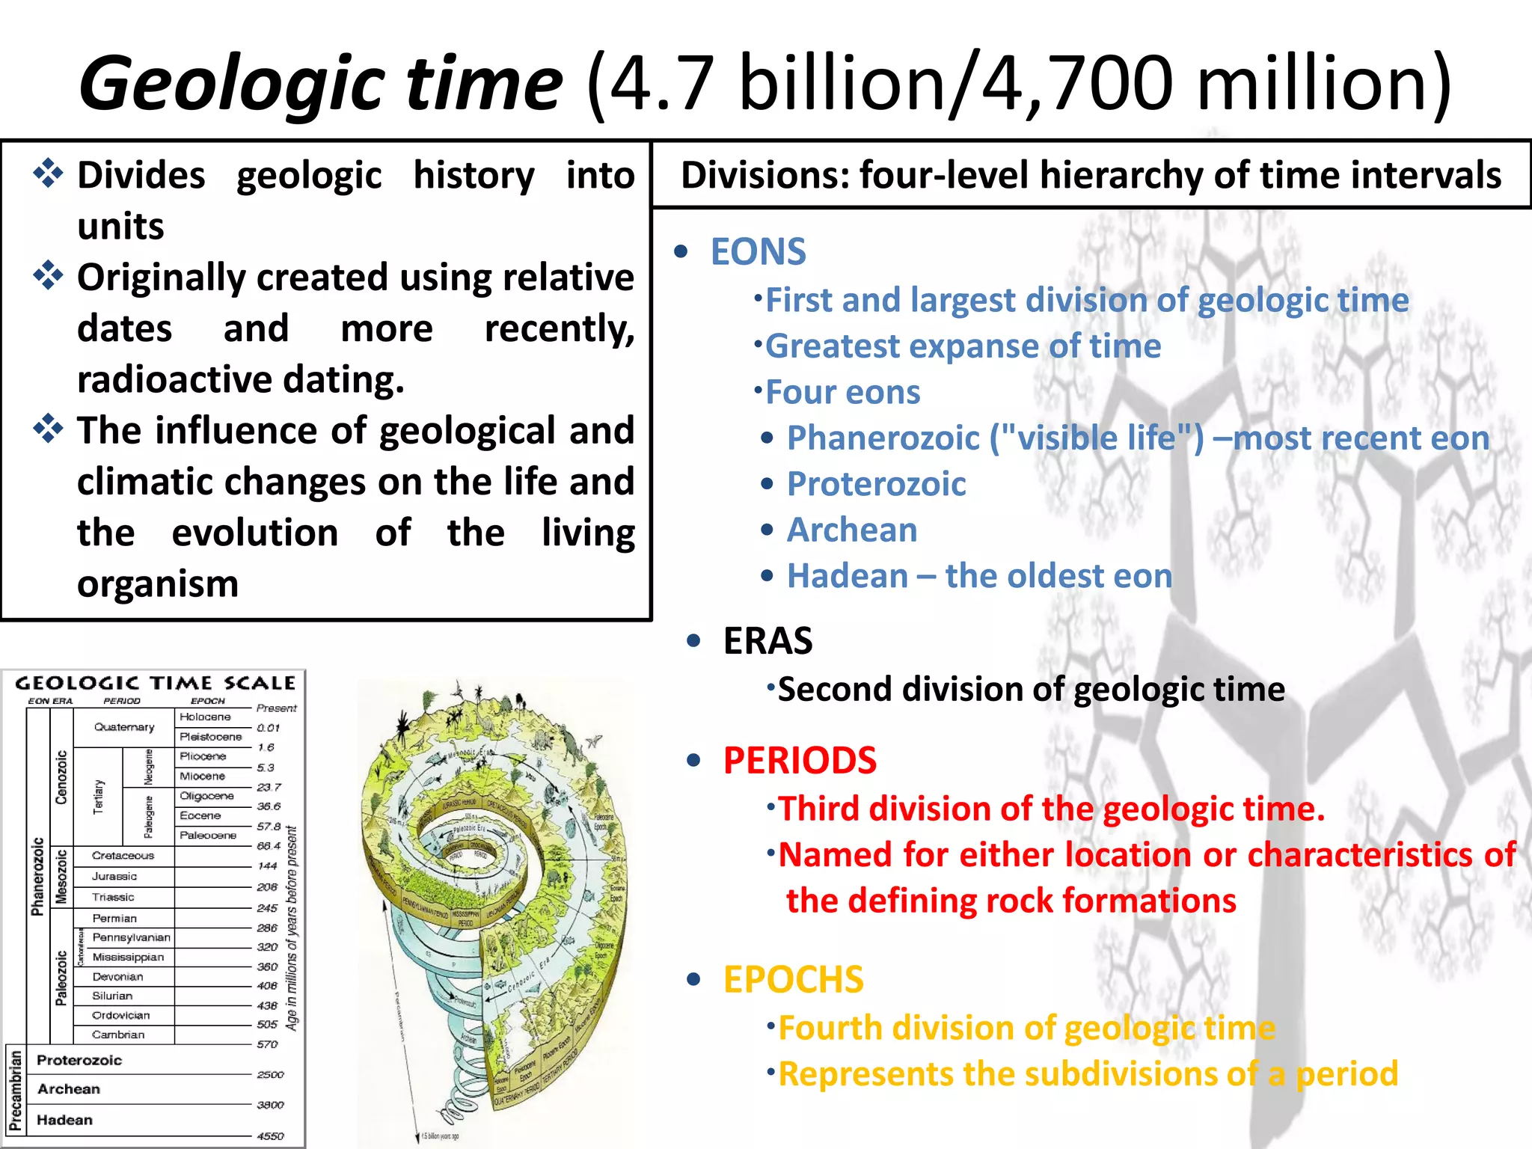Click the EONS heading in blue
(x=758, y=252)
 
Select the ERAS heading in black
(x=767, y=641)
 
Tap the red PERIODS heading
(x=799, y=761)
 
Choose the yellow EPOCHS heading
(x=793, y=980)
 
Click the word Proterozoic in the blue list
(x=876, y=484)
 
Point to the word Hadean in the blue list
(x=847, y=576)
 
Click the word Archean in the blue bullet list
(x=852, y=530)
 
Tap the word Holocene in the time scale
(x=205, y=717)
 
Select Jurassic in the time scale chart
(x=114, y=876)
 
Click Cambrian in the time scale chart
(x=118, y=1035)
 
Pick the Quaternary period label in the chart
(x=124, y=727)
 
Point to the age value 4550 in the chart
(x=270, y=1136)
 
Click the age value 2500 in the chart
(x=270, y=1075)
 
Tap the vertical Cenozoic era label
(x=61, y=777)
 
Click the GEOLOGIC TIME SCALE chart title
(x=156, y=683)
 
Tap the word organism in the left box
(x=158, y=584)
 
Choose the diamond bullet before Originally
(x=49, y=276)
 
